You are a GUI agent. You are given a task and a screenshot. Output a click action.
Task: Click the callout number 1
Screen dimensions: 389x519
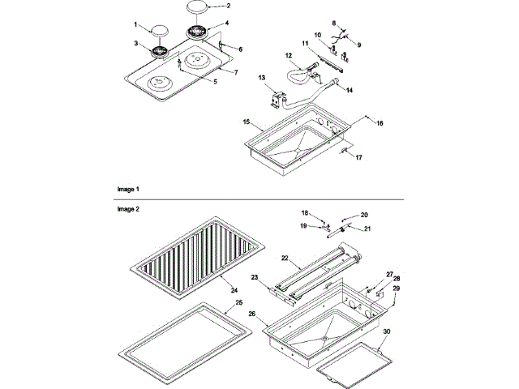[135, 24]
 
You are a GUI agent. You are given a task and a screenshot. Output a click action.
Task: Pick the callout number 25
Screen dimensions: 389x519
[239, 303]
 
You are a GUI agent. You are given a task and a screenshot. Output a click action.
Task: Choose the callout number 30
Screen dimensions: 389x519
[386, 333]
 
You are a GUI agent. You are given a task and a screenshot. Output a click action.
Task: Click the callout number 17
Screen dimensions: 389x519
[359, 157]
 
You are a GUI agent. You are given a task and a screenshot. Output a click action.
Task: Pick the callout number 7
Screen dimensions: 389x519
[235, 72]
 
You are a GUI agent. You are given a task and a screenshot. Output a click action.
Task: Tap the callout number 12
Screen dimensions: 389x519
[288, 55]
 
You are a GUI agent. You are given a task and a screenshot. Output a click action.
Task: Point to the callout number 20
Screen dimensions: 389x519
[364, 215]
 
